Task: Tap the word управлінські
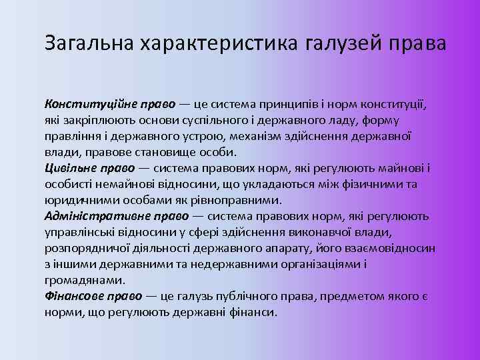click(x=79, y=232)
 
